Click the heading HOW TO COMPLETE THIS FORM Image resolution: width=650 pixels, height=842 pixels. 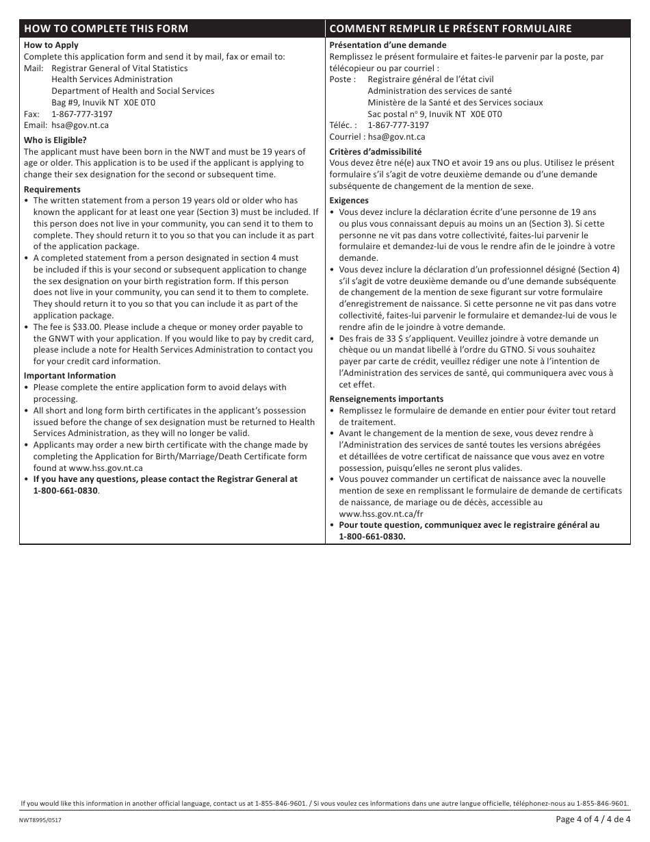coord(105,29)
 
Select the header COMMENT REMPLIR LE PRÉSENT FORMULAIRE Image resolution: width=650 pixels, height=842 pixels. coord(450,29)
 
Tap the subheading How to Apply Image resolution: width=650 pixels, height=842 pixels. coord(51,45)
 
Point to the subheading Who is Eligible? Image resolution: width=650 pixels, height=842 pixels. coord(55,140)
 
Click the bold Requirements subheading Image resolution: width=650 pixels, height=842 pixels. coord(52,190)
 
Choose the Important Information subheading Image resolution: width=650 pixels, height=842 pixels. coord(70,376)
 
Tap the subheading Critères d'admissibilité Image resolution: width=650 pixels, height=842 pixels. coord(376,152)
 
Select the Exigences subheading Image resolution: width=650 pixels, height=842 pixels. coord(349,201)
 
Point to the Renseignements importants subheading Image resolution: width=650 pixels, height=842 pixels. coord(386,399)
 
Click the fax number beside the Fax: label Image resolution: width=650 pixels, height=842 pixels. coord(82,114)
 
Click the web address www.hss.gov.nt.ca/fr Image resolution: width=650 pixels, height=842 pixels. coord(381,513)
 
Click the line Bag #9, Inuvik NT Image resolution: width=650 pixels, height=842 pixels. coord(103,103)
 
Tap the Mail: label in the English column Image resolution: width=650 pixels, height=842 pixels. coord(34,68)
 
